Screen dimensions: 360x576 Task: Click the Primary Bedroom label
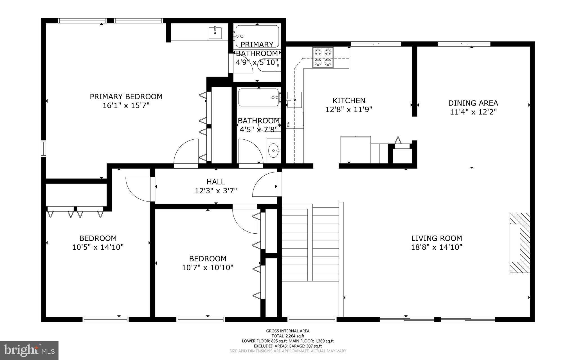[x=126, y=97]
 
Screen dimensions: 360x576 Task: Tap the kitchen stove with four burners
[x=323, y=57]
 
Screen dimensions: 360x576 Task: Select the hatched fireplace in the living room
[x=520, y=243]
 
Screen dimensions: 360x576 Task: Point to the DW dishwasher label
[x=288, y=124]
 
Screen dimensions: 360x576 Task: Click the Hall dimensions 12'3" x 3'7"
[x=216, y=191]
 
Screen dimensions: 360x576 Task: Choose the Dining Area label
[x=473, y=103]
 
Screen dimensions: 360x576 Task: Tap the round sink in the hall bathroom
[x=273, y=151]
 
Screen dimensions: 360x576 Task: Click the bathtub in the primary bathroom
[x=257, y=36]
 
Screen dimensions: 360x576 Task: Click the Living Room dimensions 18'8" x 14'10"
[x=436, y=247]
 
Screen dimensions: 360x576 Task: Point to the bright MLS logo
[x=29, y=350]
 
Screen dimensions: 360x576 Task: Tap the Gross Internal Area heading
[x=288, y=331]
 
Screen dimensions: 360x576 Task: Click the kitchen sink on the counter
[x=294, y=100]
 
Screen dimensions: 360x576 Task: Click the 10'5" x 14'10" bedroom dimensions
[x=98, y=247]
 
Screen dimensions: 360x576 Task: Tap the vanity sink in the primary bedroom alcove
[x=215, y=33]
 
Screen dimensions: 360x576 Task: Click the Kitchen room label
[x=349, y=100]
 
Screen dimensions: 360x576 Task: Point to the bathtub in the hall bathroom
[x=258, y=98]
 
